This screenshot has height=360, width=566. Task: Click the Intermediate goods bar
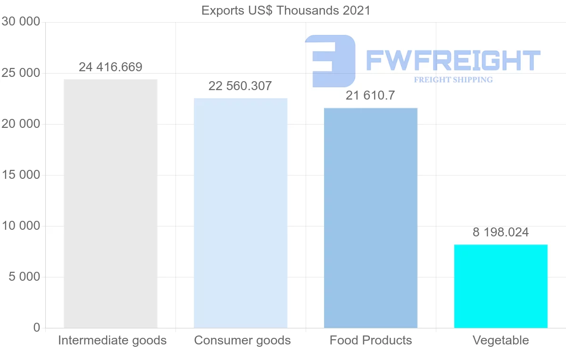[110, 203]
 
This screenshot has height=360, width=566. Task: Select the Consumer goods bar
[241, 213]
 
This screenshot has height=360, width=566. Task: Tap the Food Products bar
[371, 218]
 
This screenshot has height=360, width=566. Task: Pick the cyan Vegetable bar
[501, 286]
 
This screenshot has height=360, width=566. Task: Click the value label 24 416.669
[110, 67]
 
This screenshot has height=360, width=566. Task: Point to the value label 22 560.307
[240, 86]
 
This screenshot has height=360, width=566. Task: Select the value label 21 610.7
[370, 96]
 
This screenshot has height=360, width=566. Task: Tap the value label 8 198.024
[500, 232]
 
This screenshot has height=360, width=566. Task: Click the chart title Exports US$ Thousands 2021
[286, 10]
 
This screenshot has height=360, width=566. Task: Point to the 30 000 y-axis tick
[21, 22]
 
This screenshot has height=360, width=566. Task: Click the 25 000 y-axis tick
[21, 73]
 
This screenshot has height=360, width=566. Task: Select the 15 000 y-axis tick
[21, 175]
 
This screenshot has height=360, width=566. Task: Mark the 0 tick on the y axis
[37, 328]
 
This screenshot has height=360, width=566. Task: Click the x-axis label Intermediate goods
[112, 340]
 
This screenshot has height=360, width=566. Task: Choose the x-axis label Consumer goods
[242, 340]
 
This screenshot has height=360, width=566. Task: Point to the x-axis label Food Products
[371, 340]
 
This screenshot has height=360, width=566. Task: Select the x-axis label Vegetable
[501, 340]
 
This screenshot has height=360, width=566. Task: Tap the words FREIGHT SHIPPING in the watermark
[453, 80]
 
